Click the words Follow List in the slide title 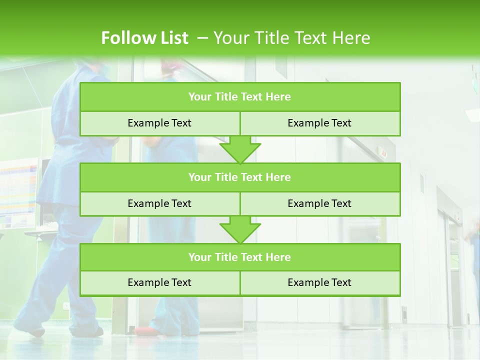click(x=144, y=38)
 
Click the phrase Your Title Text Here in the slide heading click(x=292, y=38)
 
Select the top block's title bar click(x=240, y=97)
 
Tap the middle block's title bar click(x=240, y=177)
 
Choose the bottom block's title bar click(x=240, y=257)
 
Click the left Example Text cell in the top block click(x=159, y=123)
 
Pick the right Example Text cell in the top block click(x=319, y=123)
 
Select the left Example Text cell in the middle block click(x=159, y=203)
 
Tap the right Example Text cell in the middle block click(x=319, y=203)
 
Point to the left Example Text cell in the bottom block click(x=159, y=282)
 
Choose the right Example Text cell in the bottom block click(x=319, y=282)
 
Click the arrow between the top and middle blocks click(x=240, y=149)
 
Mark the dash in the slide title click(x=202, y=38)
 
